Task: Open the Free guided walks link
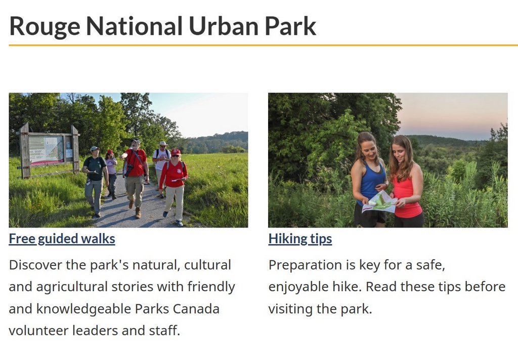62,239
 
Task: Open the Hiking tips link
300,239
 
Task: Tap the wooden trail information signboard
48,150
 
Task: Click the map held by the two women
380,202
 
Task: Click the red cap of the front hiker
176,152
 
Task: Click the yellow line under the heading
263,45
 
